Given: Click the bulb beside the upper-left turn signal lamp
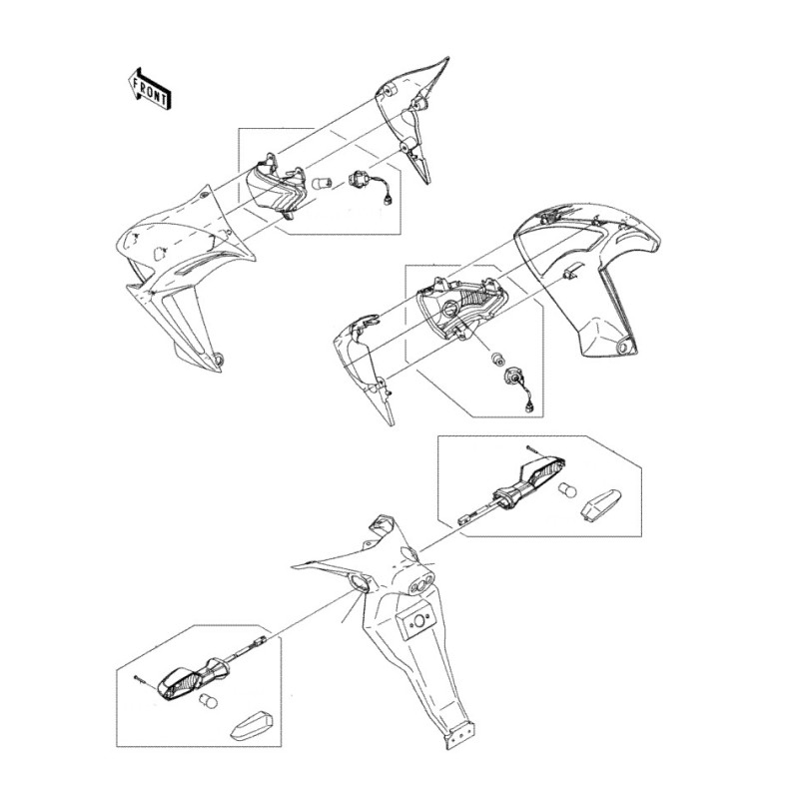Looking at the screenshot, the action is pyautogui.click(x=322, y=182).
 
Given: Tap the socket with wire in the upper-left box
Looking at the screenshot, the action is pyautogui.click(x=368, y=187).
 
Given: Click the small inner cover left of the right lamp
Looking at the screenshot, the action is pyautogui.click(x=365, y=367).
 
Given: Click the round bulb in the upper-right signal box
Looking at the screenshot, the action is pyautogui.click(x=567, y=490).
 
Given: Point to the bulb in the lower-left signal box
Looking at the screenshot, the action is pyautogui.click(x=209, y=702).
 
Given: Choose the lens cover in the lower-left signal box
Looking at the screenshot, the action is pyautogui.click(x=253, y=726).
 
